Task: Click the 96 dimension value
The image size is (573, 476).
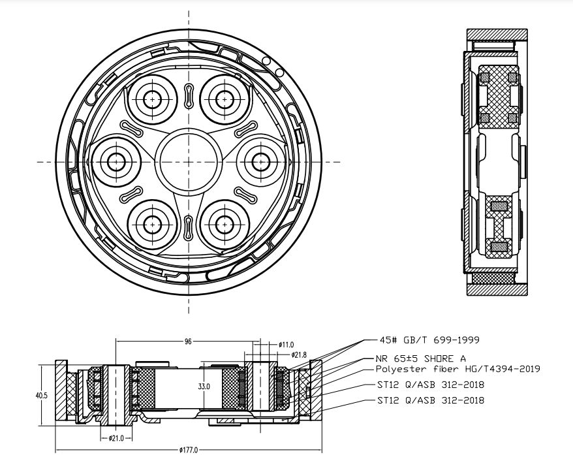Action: [x=188, y=341]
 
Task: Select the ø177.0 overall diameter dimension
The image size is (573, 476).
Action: [x=188, y=451]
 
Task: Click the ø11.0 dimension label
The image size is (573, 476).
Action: [x=286, y=343]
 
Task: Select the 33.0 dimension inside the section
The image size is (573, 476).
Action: [x=204, y=387]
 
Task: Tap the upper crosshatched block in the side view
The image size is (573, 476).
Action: [x=499, y=96]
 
